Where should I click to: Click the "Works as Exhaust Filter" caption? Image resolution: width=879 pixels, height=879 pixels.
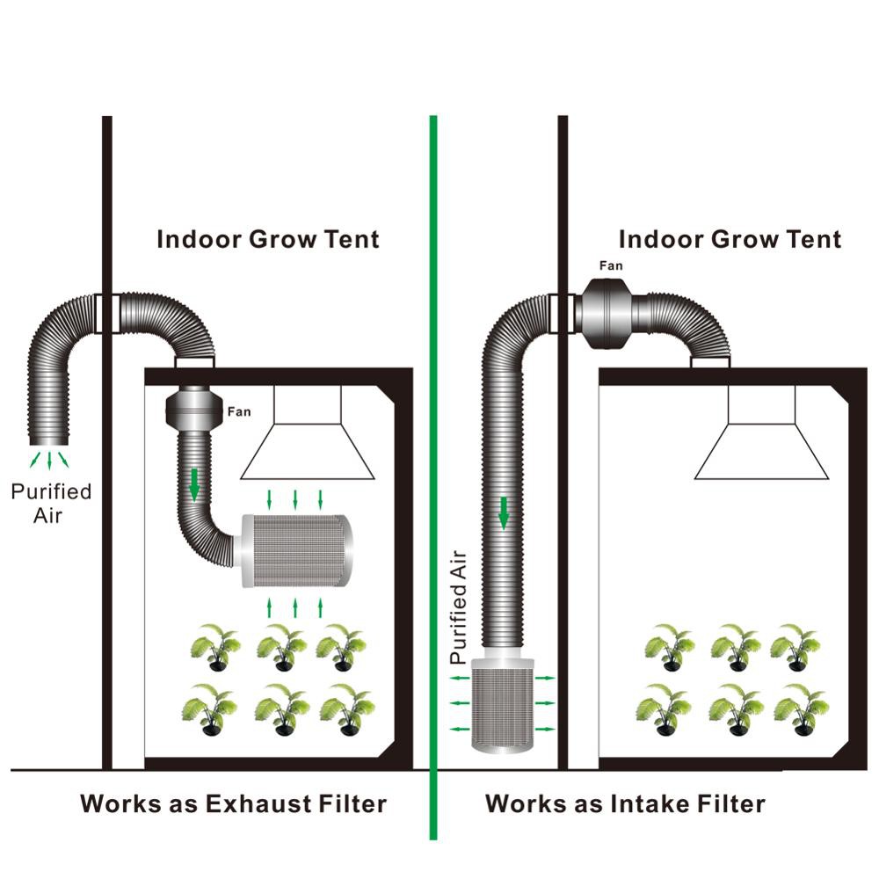coord(233,803)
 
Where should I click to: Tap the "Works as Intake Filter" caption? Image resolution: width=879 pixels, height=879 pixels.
coord(625,803)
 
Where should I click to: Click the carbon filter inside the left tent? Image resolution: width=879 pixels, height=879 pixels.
coord(296,551)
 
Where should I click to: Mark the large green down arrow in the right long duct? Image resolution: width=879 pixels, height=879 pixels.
coord(504,512)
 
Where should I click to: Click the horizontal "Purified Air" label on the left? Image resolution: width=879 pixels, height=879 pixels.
coord(50,503)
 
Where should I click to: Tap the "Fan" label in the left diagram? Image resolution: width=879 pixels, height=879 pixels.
coord(238,410)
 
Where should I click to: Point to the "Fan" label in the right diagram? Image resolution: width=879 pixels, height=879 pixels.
coord(612,265)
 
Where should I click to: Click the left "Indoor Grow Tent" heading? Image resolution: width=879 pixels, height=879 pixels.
coord(268,238)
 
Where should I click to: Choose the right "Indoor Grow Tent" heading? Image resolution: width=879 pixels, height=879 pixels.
coord(730,238)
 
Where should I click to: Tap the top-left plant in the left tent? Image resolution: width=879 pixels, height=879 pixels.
coord(214,645)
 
